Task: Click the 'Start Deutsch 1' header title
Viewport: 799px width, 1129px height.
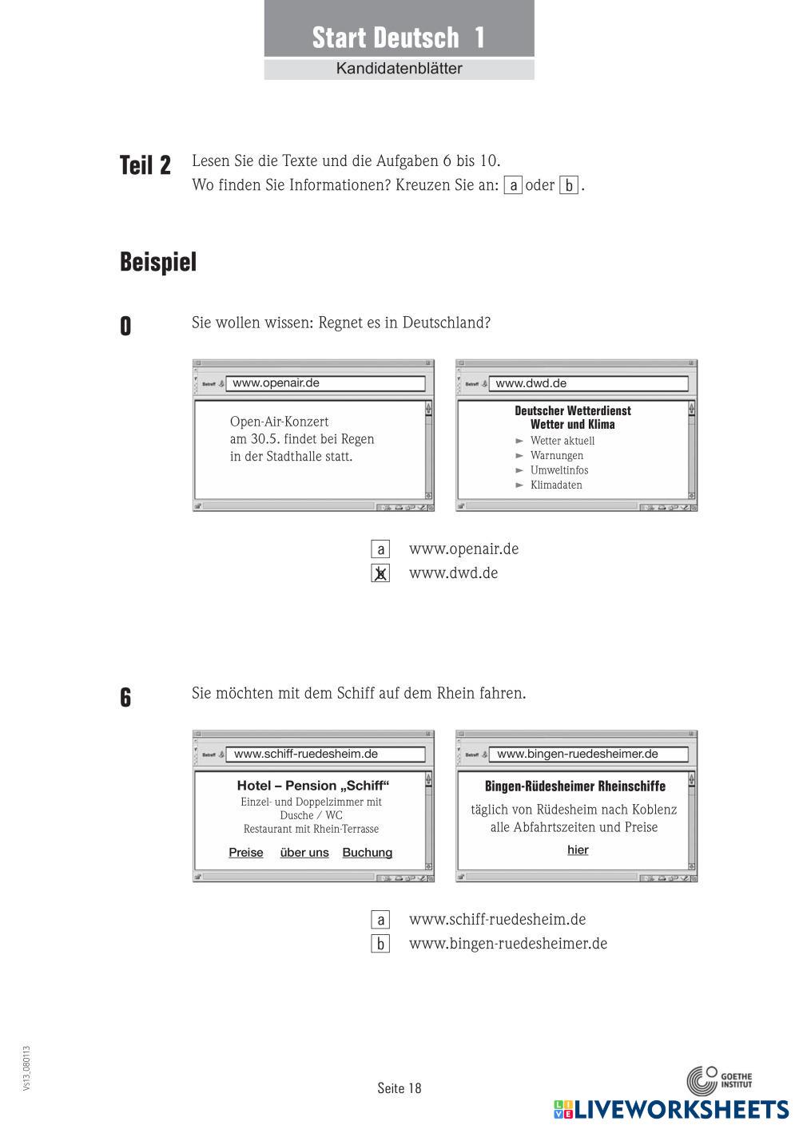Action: pyautogui.click(x=398, y=38)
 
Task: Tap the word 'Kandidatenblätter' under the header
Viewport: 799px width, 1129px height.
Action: pyautogui.click(x=399, y=69)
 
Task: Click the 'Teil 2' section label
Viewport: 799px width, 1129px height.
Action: pyautogui.click(x=145, y=165)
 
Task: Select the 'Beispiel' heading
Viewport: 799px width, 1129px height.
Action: pyautogui.click(x=158, y=262)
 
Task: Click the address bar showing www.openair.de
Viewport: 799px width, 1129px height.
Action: pyautogui.click(x=325, y=383)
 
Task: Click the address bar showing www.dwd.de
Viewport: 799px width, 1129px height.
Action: pyautogui.click(x=588, y=383)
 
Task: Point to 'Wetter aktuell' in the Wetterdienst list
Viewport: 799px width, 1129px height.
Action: pyautogui.click(x=562, y=441)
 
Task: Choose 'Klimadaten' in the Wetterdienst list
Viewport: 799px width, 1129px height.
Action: pyautogui.click(x=556, y=485)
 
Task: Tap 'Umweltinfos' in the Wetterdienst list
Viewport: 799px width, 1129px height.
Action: pyautogui.click(x=559, y=470)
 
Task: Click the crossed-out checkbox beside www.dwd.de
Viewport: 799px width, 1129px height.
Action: pyautogui.click(x=380, y=573)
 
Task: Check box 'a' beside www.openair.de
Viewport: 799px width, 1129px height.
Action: pyautogui.click(x=380, y=549)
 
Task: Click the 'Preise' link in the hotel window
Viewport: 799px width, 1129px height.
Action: pyautogui.click(x=246, y=853)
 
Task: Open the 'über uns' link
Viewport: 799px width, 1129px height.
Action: pyautogui.click(x=304, y=853)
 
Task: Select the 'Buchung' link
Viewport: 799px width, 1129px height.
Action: pyautogui.click(x=368, y=853)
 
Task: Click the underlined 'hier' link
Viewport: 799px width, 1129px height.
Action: pyautogui.click(x=578, y=850)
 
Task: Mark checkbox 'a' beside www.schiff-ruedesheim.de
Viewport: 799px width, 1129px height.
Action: pyautogui.click(x=380, y=920)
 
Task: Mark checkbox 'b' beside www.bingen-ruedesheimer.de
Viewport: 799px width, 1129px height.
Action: pyautogui.click(x=380, y=944)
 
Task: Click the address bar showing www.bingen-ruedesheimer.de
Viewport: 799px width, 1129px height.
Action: pyautogui.click(x=588, y=754)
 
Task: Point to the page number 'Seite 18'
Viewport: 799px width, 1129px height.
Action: pyautogui.click(x=399, y=1088)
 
